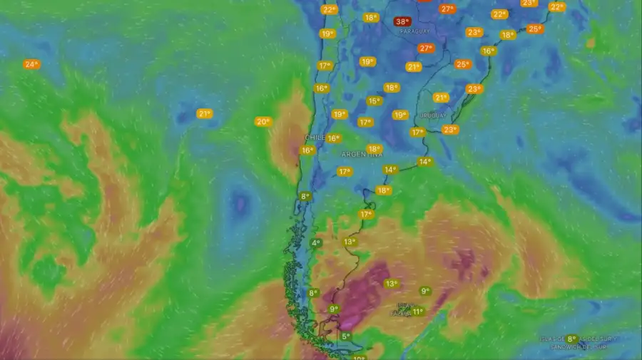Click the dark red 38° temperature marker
(x=402, y=21)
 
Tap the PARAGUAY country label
(x=414, y=31)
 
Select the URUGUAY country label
(x=432, y=115)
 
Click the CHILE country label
(x=315, y=137)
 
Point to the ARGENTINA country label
(x=362, y=154)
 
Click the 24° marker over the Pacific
(x=31, y=64)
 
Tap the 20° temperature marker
(x=263, y=122)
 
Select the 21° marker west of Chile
(x=205, y=113)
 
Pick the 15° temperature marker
(x=374, y=101)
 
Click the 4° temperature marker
(x=315, y=243)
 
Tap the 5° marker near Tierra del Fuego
(x=345, y=336)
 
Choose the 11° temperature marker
(x=417, y=312)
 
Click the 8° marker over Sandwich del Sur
(x=571, y=339)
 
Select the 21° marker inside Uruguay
(x=441, y=98)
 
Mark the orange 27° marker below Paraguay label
(x=426, y=48)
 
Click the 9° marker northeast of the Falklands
(x=425, y=291)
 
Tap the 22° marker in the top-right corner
(x=556, y=7)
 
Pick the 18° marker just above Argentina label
(x=374, y=149)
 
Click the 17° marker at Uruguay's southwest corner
(x=417, y=132)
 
